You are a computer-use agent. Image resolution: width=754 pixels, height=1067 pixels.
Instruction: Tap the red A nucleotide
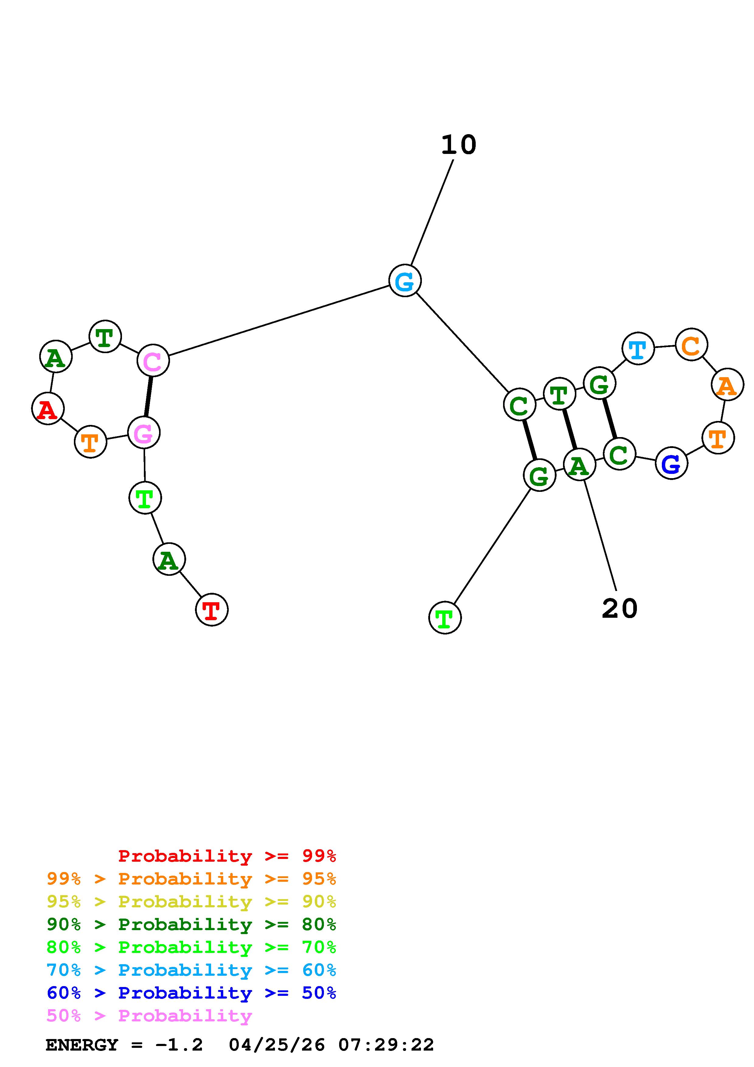(47, 408)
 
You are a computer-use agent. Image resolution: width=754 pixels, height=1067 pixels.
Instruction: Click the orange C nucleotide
(691, 344)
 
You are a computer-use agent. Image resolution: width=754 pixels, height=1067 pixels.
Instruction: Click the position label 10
(459, 145)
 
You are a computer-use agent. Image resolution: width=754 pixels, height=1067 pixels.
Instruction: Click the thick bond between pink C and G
(148, 396)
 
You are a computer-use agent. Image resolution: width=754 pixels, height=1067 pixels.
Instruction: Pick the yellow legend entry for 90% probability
(191, 902)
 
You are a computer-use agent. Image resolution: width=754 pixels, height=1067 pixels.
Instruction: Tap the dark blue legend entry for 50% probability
(191, 993)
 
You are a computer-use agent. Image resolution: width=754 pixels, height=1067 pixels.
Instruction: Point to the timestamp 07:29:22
(386, 1045)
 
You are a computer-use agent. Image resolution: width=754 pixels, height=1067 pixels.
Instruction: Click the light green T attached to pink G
(145, 498)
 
